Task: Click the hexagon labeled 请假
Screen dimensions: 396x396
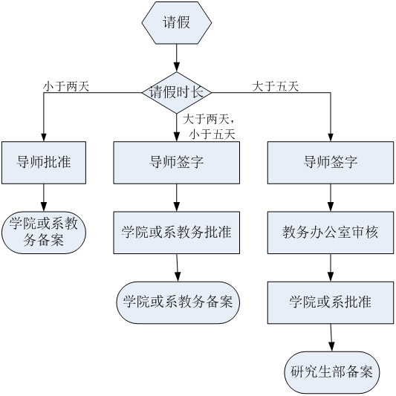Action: coord(177,23)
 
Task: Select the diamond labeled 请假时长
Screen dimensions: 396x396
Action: coord(177,93)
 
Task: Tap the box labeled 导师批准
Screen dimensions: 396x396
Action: coord(44,163)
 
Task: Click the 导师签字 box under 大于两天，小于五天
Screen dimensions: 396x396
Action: coord(177,163)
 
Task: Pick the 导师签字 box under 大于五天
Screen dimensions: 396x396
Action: coord(331,163)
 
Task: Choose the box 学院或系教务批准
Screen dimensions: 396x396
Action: coord(177,233)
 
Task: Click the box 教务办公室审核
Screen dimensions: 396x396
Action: coord(331,233)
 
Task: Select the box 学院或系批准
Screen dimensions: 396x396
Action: coord(331,302)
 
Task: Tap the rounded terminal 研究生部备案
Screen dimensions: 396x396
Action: coord(332,372)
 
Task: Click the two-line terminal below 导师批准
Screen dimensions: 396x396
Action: coord(44,233)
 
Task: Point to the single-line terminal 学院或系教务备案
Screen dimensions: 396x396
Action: coord(178,302)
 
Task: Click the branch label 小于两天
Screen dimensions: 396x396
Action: coord(66,86)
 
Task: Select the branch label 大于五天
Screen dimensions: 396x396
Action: coord(276,86)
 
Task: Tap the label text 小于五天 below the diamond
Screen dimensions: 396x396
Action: coord(212,134)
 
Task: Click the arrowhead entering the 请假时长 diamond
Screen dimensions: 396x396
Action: coord(177,67)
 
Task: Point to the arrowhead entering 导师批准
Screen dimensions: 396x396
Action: coord(44,137)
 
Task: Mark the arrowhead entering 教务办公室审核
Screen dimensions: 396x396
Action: coord(331,207)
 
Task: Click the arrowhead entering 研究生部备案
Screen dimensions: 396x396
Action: coord(331,346)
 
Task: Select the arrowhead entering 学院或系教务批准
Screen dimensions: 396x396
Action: coord(177,207)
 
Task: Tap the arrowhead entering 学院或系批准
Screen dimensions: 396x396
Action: coord(331,276)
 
